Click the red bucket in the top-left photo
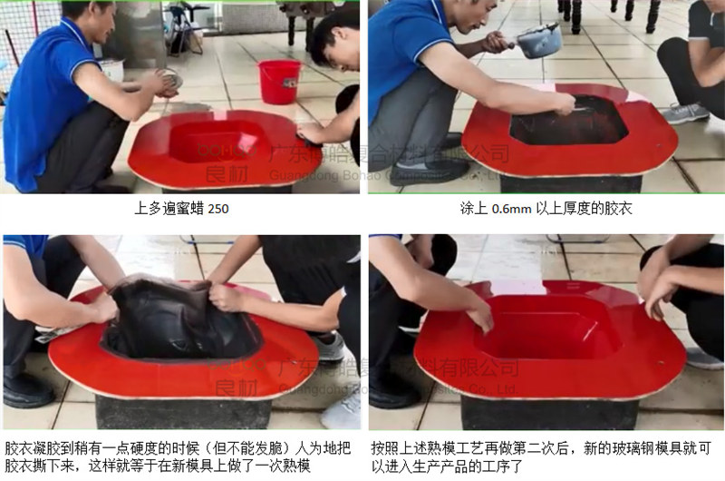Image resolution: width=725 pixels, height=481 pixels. (279, 81)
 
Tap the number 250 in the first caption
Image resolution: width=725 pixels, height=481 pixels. (218, 209)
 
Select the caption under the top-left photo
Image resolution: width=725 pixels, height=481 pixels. (181, 209)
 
